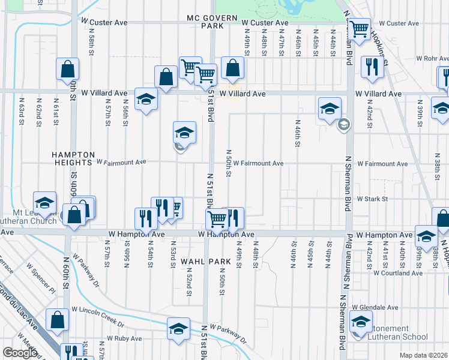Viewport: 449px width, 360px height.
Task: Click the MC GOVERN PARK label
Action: pyautogui.click(x=212, y=22)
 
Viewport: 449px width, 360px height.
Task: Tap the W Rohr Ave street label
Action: pyautogui.click(x=432, y=59)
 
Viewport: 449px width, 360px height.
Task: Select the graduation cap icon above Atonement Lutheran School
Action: pyautogui.click(x=361, y=322)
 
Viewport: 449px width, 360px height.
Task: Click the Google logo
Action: pyautogui.click(x=20, y=352)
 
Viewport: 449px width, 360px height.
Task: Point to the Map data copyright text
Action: pyautogui.click(x=424, y=355)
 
